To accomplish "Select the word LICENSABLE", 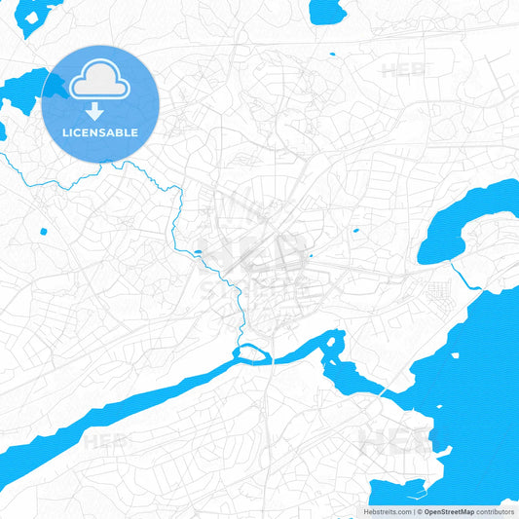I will coord(100,132).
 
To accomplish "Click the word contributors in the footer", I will coord(496,511).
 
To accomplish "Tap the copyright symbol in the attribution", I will coord(417,511).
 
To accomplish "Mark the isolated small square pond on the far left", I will coord(43,231).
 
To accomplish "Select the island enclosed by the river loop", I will coord(251,353).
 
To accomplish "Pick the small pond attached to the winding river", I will coord(199,253).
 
